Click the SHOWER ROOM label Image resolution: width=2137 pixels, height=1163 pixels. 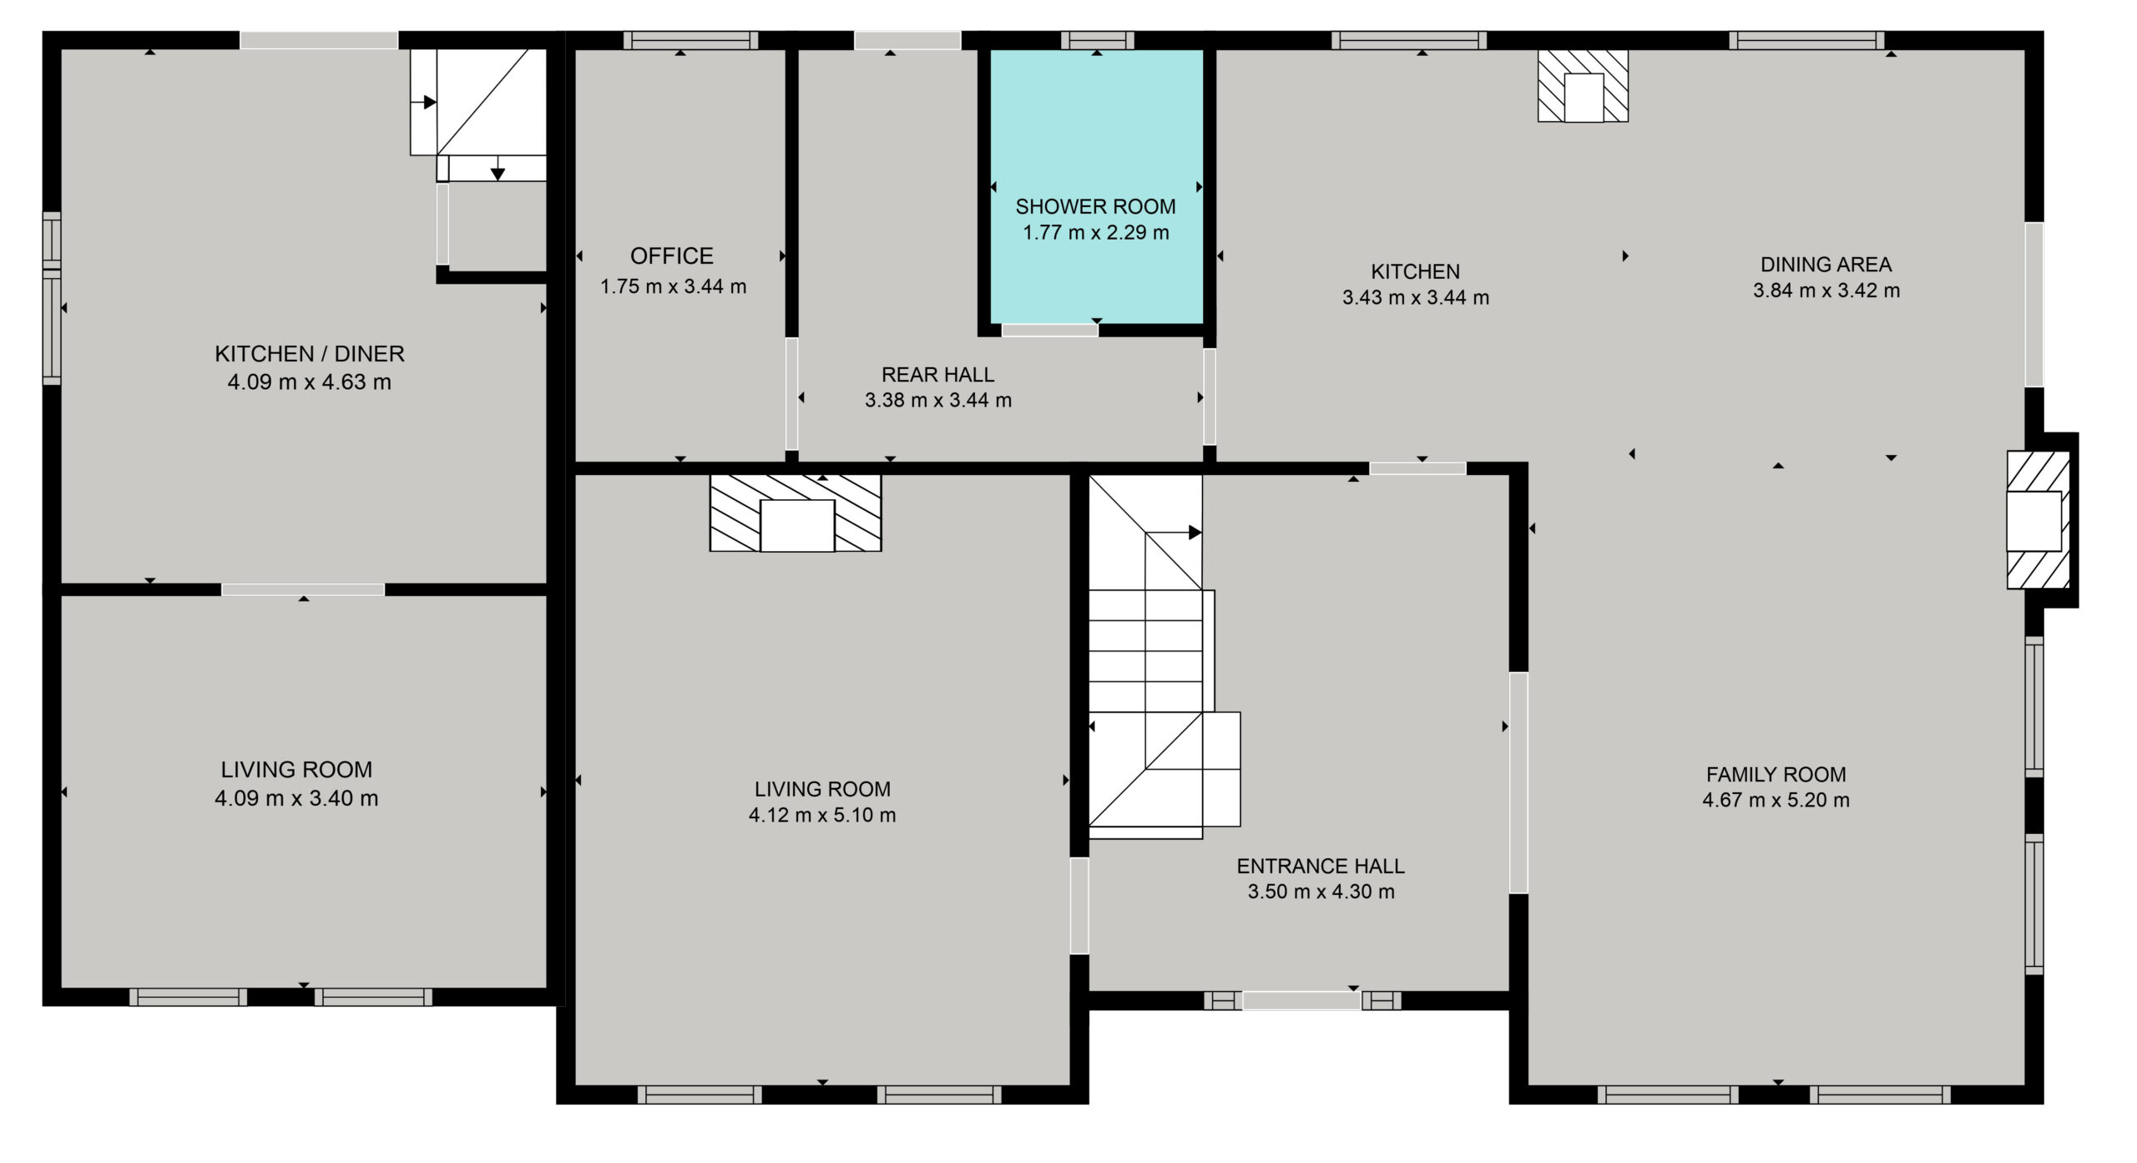1095,206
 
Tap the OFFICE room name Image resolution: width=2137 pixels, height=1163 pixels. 672,255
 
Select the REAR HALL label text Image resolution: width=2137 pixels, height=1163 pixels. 938,375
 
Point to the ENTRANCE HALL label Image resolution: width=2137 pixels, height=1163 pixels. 1321,866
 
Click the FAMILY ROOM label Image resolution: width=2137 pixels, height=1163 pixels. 1776,774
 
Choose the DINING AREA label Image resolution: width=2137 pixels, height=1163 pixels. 1826,265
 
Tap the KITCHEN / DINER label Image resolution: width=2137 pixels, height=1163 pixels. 310,354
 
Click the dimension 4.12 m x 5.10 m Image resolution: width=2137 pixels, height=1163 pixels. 822,815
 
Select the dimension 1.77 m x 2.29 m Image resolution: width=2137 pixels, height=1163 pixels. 1096,232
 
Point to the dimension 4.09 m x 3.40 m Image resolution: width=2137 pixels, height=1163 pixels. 296,798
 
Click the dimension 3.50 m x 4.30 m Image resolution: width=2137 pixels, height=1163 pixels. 1321,892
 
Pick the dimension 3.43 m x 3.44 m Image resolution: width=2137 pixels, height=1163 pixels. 1416,297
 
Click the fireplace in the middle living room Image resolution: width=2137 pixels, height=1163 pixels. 796,513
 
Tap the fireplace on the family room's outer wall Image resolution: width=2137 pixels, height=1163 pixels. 2038,520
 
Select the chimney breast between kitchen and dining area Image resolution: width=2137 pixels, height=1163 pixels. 1583,86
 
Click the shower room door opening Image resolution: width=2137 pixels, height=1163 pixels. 1049,330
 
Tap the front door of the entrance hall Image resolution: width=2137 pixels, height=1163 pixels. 1301,999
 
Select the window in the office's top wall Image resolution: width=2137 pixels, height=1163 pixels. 690,40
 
